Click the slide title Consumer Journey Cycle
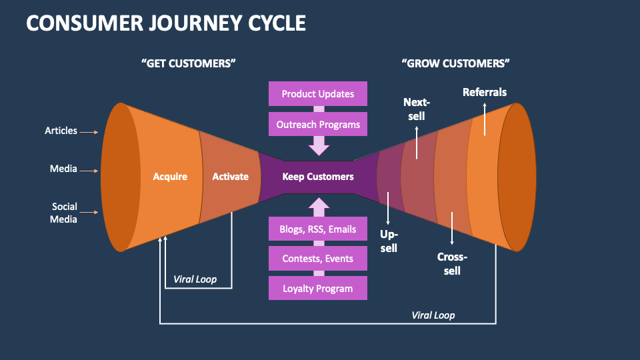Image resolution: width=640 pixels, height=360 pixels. point(166,23)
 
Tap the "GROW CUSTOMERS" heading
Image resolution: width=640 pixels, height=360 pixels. point(456,63)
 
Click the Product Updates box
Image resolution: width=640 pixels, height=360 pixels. point(318,94)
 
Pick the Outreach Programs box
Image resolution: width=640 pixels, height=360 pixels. point(318,125)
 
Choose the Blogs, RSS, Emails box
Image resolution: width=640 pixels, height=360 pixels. point(318,229)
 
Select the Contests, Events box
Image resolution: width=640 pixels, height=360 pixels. point(318,259)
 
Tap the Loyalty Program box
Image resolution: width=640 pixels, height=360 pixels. point(318,289)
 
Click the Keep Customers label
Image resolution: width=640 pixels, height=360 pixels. point(318,177)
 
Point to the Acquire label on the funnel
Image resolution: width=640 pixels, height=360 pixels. point(170,177)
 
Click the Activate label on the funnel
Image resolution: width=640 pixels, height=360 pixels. point(230,177)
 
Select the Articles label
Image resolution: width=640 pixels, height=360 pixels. point(61,131)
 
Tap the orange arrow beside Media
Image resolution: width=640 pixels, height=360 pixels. point(89,171)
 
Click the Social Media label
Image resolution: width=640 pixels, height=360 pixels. point(64,213)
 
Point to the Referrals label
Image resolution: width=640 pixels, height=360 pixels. point(485,93)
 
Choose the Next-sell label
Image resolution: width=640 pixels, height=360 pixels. point(417,109)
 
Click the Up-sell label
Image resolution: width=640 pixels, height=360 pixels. point(389,241)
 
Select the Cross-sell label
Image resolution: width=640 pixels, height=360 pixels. point(452,264)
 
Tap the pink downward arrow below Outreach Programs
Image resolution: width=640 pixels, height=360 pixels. point(319,145)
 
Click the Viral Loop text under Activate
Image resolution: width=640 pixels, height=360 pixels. point(195,279)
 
